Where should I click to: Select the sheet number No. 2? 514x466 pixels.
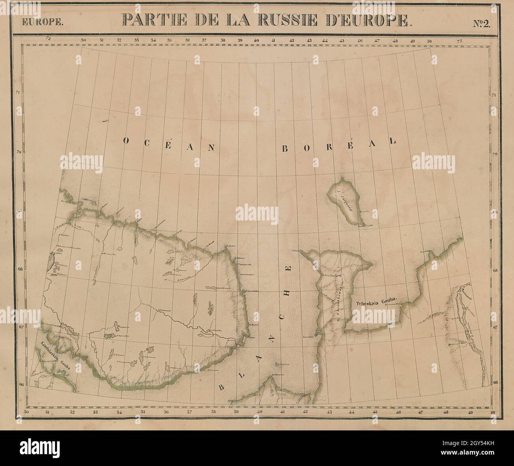coord(481,22)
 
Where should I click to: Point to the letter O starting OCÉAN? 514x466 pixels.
coord(125,141)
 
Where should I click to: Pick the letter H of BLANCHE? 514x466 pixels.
coord(289,293)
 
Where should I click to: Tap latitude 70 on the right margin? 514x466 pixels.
coord(494,154)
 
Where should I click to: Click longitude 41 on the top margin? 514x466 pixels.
coord(273,40)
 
